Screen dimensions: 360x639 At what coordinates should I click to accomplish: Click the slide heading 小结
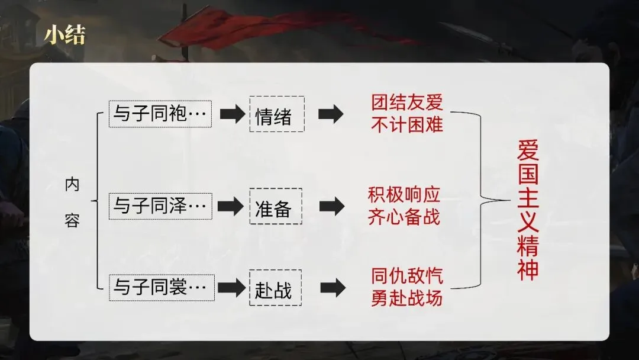[64, 36]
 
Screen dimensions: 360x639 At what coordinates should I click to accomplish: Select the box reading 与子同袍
[160, 114]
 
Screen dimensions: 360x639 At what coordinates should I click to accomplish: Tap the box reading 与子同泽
[160, 206]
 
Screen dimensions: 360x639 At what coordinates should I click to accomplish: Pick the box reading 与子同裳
[160, 288]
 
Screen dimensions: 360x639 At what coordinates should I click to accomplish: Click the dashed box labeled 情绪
[276, 114]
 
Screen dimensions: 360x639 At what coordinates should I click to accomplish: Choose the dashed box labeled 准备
[275, 207]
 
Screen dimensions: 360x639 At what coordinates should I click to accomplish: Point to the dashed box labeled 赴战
[275, 288]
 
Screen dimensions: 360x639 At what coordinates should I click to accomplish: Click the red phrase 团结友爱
[406, 103]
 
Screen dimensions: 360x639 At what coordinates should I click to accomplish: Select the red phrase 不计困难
[406, 124]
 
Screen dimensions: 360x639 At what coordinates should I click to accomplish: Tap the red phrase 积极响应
[405, 195]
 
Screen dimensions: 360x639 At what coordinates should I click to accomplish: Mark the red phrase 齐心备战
[405, 217]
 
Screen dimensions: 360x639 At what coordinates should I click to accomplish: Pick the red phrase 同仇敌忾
[406, 277]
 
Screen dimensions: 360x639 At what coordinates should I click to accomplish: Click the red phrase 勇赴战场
[406, 298]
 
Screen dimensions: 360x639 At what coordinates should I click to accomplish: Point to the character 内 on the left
[72, 185]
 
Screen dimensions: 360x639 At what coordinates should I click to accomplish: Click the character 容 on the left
[72, 222]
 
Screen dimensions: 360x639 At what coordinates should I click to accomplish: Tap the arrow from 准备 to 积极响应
[332, 206]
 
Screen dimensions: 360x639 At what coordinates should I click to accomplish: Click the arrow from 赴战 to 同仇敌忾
[332, 288]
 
